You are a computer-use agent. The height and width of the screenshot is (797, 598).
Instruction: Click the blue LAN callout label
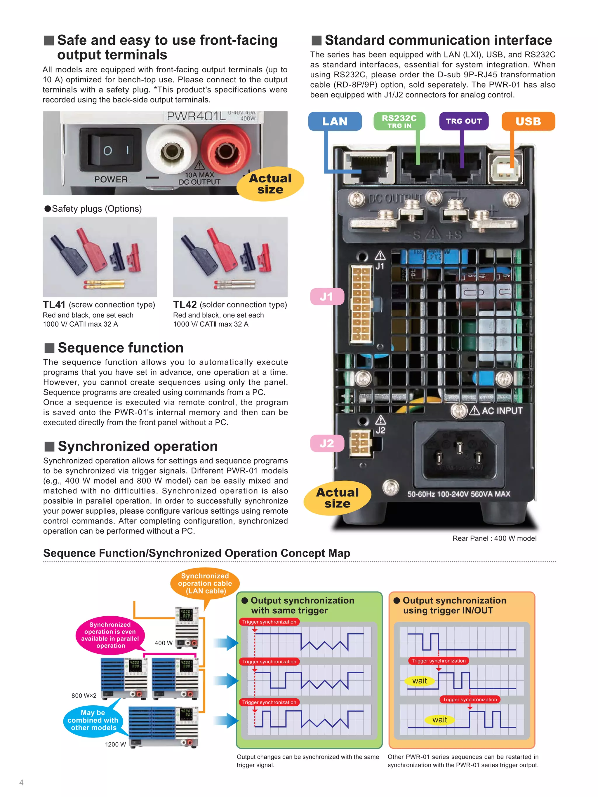(335, 121)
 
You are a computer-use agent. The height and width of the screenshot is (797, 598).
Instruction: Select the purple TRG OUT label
(464, 121)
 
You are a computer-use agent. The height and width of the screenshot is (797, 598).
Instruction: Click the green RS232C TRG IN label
(399, 121)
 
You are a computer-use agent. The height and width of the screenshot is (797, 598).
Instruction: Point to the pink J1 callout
(326, 297)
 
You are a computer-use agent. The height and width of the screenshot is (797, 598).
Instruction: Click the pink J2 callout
(326, 443)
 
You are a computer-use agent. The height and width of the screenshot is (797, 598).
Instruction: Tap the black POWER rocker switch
(110, 149)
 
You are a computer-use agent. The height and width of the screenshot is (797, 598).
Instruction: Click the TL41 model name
(54, 304)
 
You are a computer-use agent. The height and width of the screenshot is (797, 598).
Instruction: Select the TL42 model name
(185, 304)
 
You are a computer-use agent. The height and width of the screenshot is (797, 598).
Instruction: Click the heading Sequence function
(120, 348)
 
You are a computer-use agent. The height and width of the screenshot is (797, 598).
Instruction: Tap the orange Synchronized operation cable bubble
(205, 583)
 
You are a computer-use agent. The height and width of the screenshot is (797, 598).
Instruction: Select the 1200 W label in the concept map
(115, 744)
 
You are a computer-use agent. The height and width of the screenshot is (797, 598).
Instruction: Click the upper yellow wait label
(419, 681)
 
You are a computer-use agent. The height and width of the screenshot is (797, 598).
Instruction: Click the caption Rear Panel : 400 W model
(494, 538)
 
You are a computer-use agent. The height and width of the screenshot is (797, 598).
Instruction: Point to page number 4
(21, 782)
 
